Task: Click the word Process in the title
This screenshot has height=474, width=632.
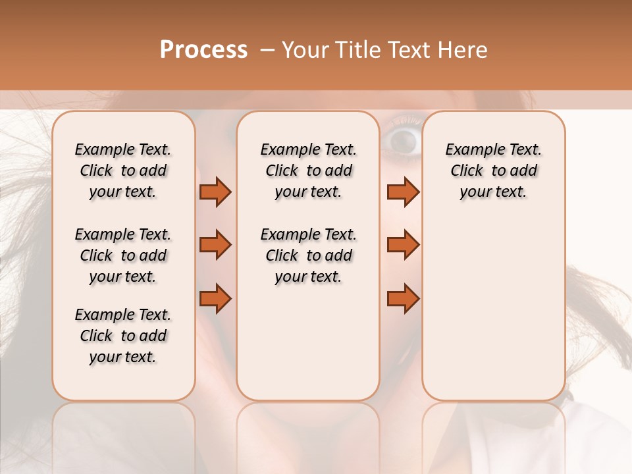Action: (x=203, y=50)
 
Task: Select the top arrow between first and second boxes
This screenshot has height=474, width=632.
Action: (x=215, y=192)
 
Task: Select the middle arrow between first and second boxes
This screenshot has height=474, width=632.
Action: (x=215, y=245)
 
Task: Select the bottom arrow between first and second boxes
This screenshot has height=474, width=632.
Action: (x=215, y=299)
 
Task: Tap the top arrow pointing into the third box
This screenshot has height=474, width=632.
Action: (x=403, y=192)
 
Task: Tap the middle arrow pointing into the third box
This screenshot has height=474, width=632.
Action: (x=403, y=245)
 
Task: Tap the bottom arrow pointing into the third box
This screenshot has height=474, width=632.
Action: (x=403, y=299)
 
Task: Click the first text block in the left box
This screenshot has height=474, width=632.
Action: (x=123, y=171)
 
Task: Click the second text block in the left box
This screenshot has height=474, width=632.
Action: (x=123, y=255)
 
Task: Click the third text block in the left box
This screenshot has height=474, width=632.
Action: (x=123, y=336)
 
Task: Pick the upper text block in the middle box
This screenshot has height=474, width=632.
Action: (x=308, y=171)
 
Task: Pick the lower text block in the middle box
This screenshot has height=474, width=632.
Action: (x=308, y=255)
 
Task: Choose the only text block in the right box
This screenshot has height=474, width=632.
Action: (x=493, y=171)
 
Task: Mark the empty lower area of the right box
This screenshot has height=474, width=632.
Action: (x=493, y=309)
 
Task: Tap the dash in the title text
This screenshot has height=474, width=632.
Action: (x=267, y=50)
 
